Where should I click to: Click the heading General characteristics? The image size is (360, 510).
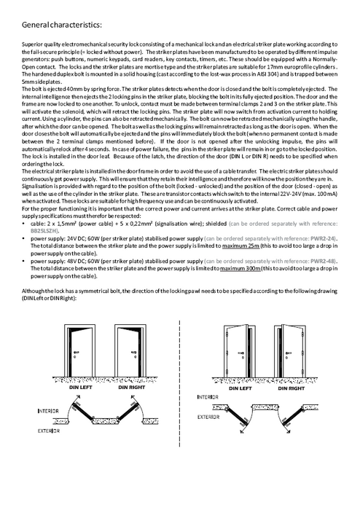pyautogui.click(x=61, y=25)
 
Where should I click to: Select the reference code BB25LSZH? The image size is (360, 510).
pyautogui.click(x=44, y=231)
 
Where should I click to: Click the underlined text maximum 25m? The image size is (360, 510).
pyautogui.click(x=240, y=246)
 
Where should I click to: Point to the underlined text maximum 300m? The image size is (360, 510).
pyautogui.click(x=240, y=268)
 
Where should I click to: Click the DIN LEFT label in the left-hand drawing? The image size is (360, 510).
pyautogui.click(x=81, y=388)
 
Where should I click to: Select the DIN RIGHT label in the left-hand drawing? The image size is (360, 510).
pyautogui.click(x=131, y=388)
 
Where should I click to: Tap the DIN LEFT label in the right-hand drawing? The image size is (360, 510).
pyautogui.click(x=240, y=388)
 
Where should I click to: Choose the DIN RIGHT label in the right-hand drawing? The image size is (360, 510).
pyautogui.click(x=291, y=388)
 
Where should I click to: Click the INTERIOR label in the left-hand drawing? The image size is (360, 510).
pyautogui.click(x=48, y=411)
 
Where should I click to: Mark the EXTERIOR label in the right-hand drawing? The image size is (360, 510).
pyautogui.click(x=208, y=417)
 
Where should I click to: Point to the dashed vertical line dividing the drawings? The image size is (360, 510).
pyautogui.click(x=179, y=383)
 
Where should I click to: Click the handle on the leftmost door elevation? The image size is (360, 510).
pyautogui.click(x=77, y=352)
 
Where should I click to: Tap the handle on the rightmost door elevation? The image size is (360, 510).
pyautogui.click(x=287, y=353)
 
